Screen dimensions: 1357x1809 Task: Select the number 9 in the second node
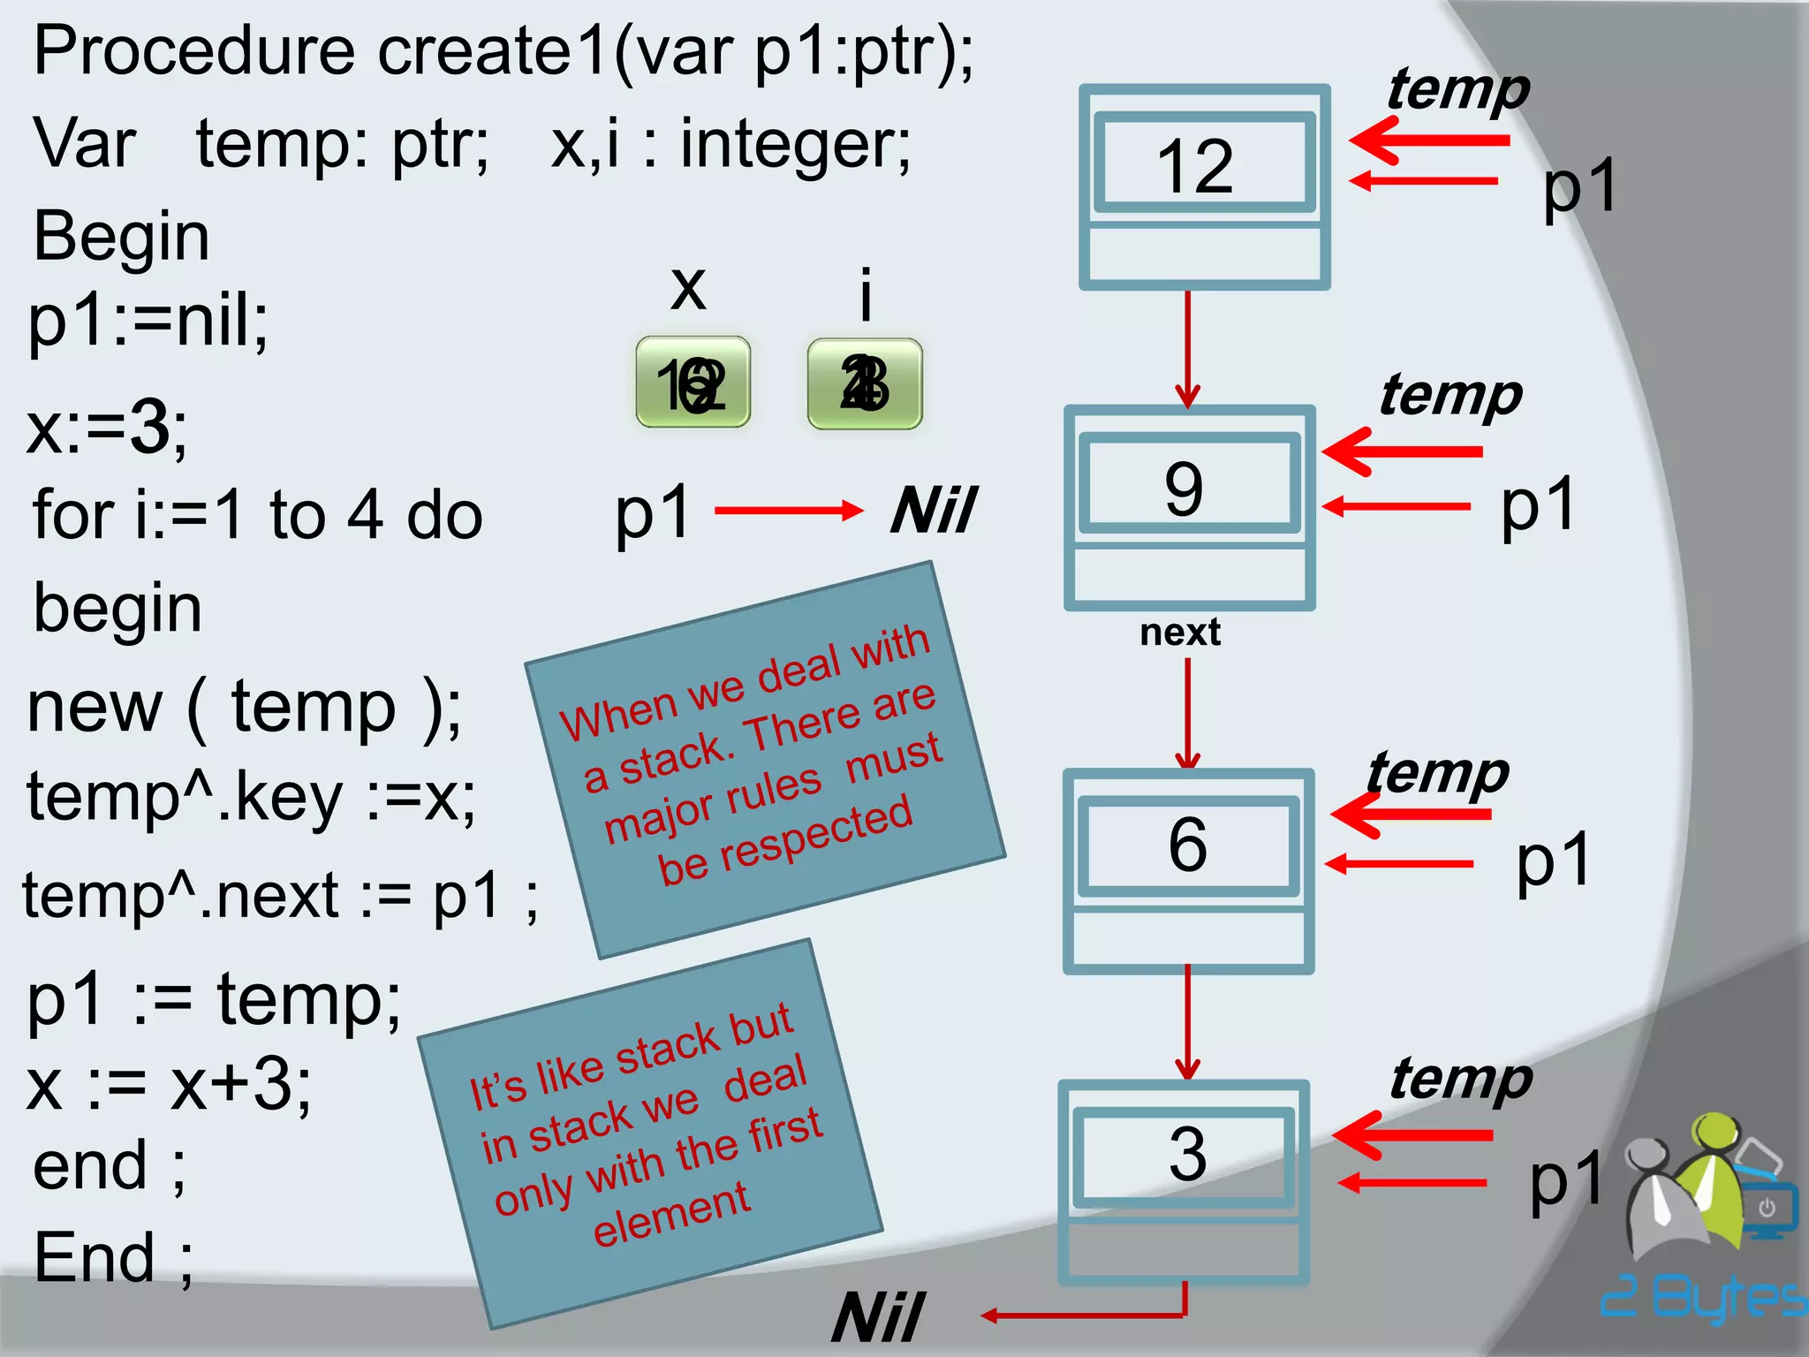1184,489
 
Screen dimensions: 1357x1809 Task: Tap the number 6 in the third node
1187,844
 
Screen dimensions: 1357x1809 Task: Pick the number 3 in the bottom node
1187,1154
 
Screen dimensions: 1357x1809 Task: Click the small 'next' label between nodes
1180,633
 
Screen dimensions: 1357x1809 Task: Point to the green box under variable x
693,383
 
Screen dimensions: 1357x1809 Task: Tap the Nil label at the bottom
879,1317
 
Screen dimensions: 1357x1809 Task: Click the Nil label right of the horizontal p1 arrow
934,511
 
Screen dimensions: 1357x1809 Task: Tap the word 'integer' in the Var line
793,144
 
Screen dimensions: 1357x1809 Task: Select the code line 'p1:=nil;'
148,320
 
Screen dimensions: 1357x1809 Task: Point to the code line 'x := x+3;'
169,1085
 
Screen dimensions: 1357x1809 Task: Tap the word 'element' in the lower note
671,1214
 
